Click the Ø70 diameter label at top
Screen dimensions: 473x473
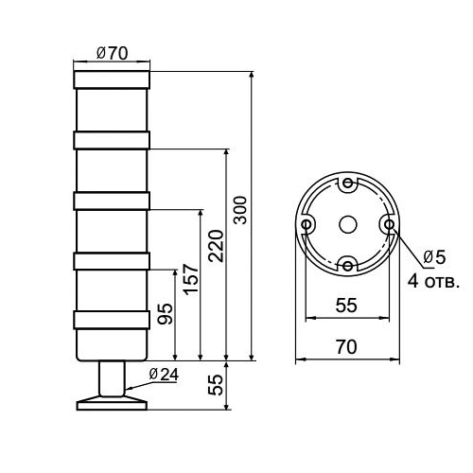[112, 54]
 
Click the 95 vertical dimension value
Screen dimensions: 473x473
[165, 315]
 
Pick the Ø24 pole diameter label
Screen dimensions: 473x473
[163, 373]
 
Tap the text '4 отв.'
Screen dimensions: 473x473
[433, 280]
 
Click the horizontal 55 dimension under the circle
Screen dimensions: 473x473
[346, 305]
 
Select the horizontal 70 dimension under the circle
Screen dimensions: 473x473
[346, 347]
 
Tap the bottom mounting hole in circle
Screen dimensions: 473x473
[347, 266]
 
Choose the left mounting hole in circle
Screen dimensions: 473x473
[307, 225]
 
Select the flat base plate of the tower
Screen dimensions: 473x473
[112, 404]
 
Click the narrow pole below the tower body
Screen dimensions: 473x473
[112, 378]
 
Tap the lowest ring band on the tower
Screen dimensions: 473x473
[112, 319]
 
